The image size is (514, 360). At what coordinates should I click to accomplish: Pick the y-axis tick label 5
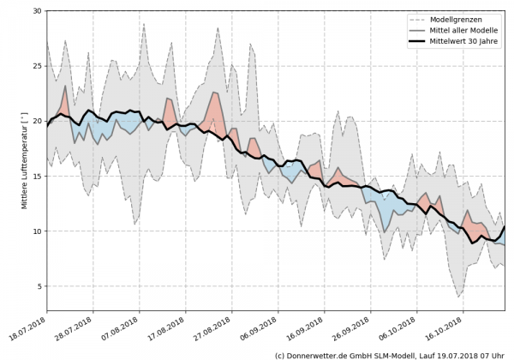pos(39,286)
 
